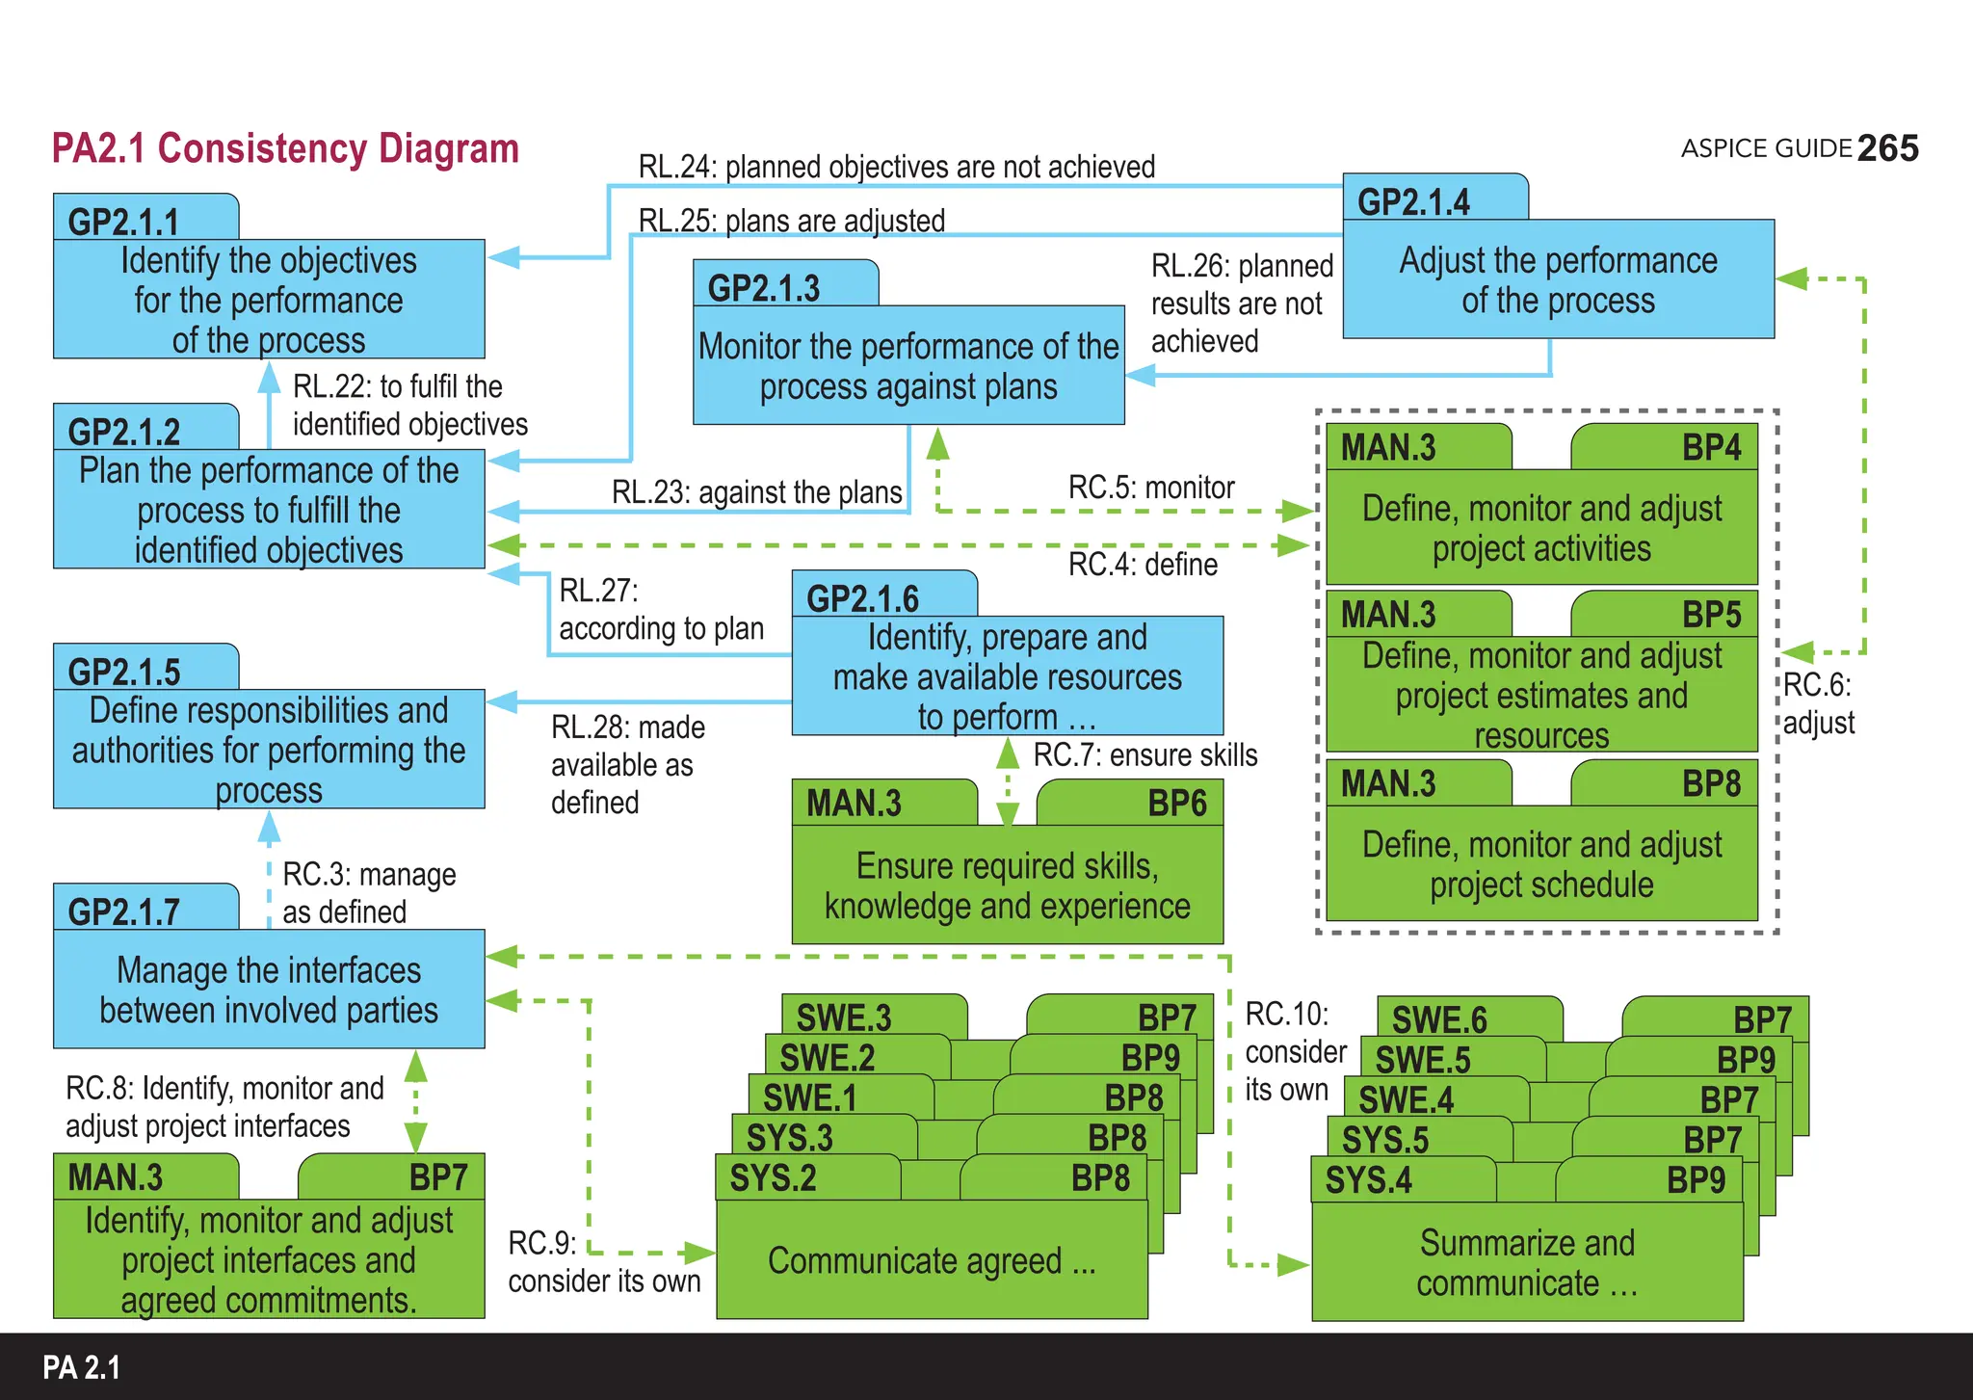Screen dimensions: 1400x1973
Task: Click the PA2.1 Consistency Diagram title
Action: [x=285, y=149]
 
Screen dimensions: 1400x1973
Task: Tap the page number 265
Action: [x=1887, y=148]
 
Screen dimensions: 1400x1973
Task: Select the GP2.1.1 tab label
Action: [x=124, y=222]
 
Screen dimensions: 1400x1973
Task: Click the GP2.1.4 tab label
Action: [x=1413, y=202]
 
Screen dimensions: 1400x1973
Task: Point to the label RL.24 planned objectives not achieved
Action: [x=896, y=167]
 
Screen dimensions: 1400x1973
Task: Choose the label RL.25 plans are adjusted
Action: [x=791, y=221]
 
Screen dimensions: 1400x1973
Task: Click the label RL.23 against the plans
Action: [x=756, y=492]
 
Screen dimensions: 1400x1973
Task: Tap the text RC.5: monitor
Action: [x=1151, y=488]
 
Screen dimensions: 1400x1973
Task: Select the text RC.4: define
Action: [x=1143, y=564]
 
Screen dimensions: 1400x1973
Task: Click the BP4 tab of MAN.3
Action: [x=1711, y=448]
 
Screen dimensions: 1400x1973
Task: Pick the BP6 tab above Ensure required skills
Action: [x=1176, y=804]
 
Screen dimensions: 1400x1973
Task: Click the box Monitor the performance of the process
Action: [x=908, y=366]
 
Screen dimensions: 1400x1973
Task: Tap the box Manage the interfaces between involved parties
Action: [x=269, y=990]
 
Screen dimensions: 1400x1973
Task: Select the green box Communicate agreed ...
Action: [x=932, y=1260]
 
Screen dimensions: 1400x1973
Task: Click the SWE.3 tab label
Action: [x=844, y=1017]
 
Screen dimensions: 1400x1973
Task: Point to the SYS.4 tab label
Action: [x=1368, y=1180]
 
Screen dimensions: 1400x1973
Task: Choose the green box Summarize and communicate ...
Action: [x=1527, y=1262]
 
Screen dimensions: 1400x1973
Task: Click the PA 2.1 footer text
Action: [x=82, y=1368]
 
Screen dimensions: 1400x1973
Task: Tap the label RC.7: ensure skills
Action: [x=1145, y=755]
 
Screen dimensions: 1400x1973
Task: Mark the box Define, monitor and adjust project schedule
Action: [x=1541, y=864]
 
